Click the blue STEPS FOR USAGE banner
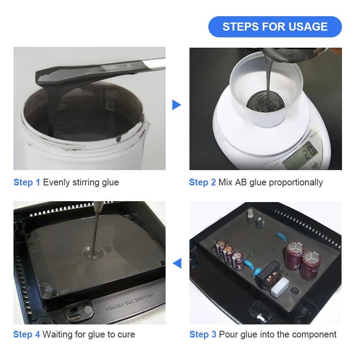click(x=275, y=27)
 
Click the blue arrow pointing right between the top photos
click(x=176, y=105)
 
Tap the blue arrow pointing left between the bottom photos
click(x=177, y=263)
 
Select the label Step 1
click(x=27, y=182)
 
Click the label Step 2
click(x=202, y=182)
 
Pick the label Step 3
click(x=202, y=334)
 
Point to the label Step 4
click(x=27, y=334)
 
